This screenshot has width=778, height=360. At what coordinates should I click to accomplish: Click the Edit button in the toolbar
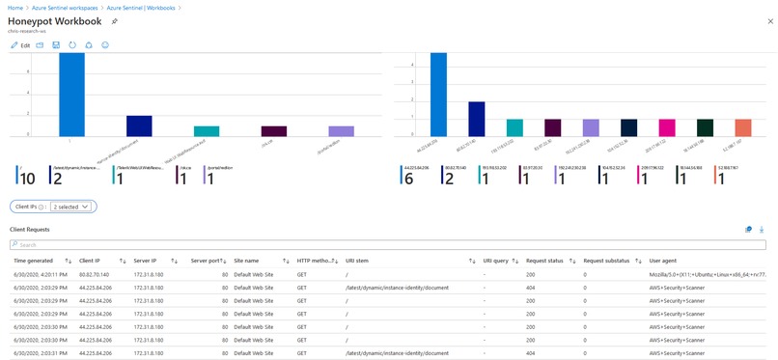pyautogui.click(x=20, y=45)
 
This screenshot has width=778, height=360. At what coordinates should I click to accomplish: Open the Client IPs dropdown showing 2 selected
pyautogui.click(x=71, y=206)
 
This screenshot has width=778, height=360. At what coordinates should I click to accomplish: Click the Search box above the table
pyautogui.click(x=386, y=245)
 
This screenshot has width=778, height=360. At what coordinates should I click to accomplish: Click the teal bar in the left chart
pyautogui.click(x=207, y=130)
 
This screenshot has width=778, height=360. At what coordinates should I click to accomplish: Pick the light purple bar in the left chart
pyautogui.click(x=341, y=130)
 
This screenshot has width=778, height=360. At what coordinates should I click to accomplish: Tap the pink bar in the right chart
pyautogui.click(x=667, y=127)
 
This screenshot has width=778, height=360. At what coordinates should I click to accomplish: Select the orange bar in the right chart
pyautogui.click(x=742, y=127)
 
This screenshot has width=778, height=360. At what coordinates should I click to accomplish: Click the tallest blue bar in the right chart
pyautogui.click(x=438, y=94)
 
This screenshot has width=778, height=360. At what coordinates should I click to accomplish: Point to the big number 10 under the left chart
pyautogui.click(x=27, y=179)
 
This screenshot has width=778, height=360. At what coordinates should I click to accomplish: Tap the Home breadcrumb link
pyautogui.click(x=14, y=6)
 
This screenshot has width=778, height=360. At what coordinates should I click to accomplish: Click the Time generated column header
pyautogui.click(x=34, y=261)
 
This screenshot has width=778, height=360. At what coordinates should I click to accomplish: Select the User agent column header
pyautogui.click(x=663, y=261)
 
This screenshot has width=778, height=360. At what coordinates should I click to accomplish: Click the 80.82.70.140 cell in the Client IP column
pyautogui.click(x=97, y=274)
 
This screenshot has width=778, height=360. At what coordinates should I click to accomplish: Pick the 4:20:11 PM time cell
pyautogui.click(x=40, y=274)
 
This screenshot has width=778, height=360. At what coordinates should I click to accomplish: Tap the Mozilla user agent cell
pyautogui.click(x=707, y=274)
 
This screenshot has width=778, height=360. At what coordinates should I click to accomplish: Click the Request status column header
pyautogui.click(x=544, y=261)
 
